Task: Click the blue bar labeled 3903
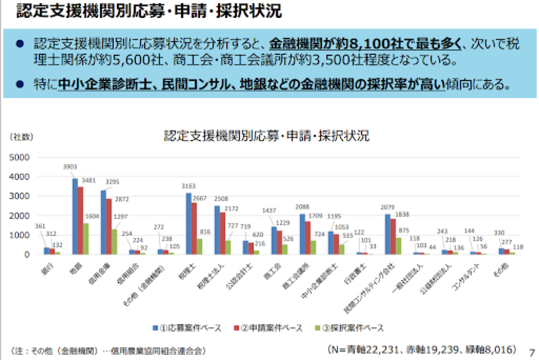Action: [75, 216]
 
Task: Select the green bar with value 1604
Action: [86, 239]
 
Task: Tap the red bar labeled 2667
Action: [194, 228]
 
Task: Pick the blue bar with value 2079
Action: [388, 234]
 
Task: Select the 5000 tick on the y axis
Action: [21, 158]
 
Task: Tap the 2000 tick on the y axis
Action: [21, 215]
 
